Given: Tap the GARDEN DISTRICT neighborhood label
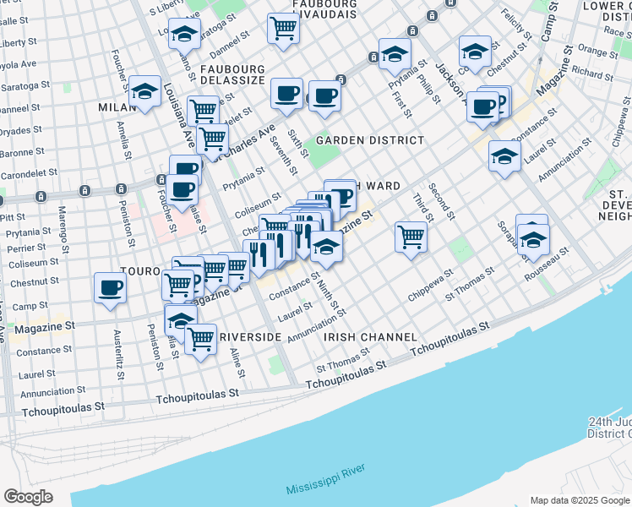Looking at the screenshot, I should [370, 140].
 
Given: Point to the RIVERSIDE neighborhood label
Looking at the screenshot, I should [249, 337].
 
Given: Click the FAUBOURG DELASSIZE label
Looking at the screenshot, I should [233, 75].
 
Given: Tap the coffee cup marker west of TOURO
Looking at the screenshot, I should [110, 287].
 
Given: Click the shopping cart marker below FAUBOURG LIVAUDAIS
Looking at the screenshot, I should [283, 27].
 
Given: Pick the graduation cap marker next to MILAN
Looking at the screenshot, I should [145, 90].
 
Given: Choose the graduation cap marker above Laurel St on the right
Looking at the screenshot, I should [504, 156].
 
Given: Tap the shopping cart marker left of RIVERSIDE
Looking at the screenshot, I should [200, 340].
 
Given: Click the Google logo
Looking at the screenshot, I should [27, 497].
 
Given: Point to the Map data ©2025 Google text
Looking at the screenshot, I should [579, 499].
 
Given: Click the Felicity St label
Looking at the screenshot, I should [514, 25].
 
